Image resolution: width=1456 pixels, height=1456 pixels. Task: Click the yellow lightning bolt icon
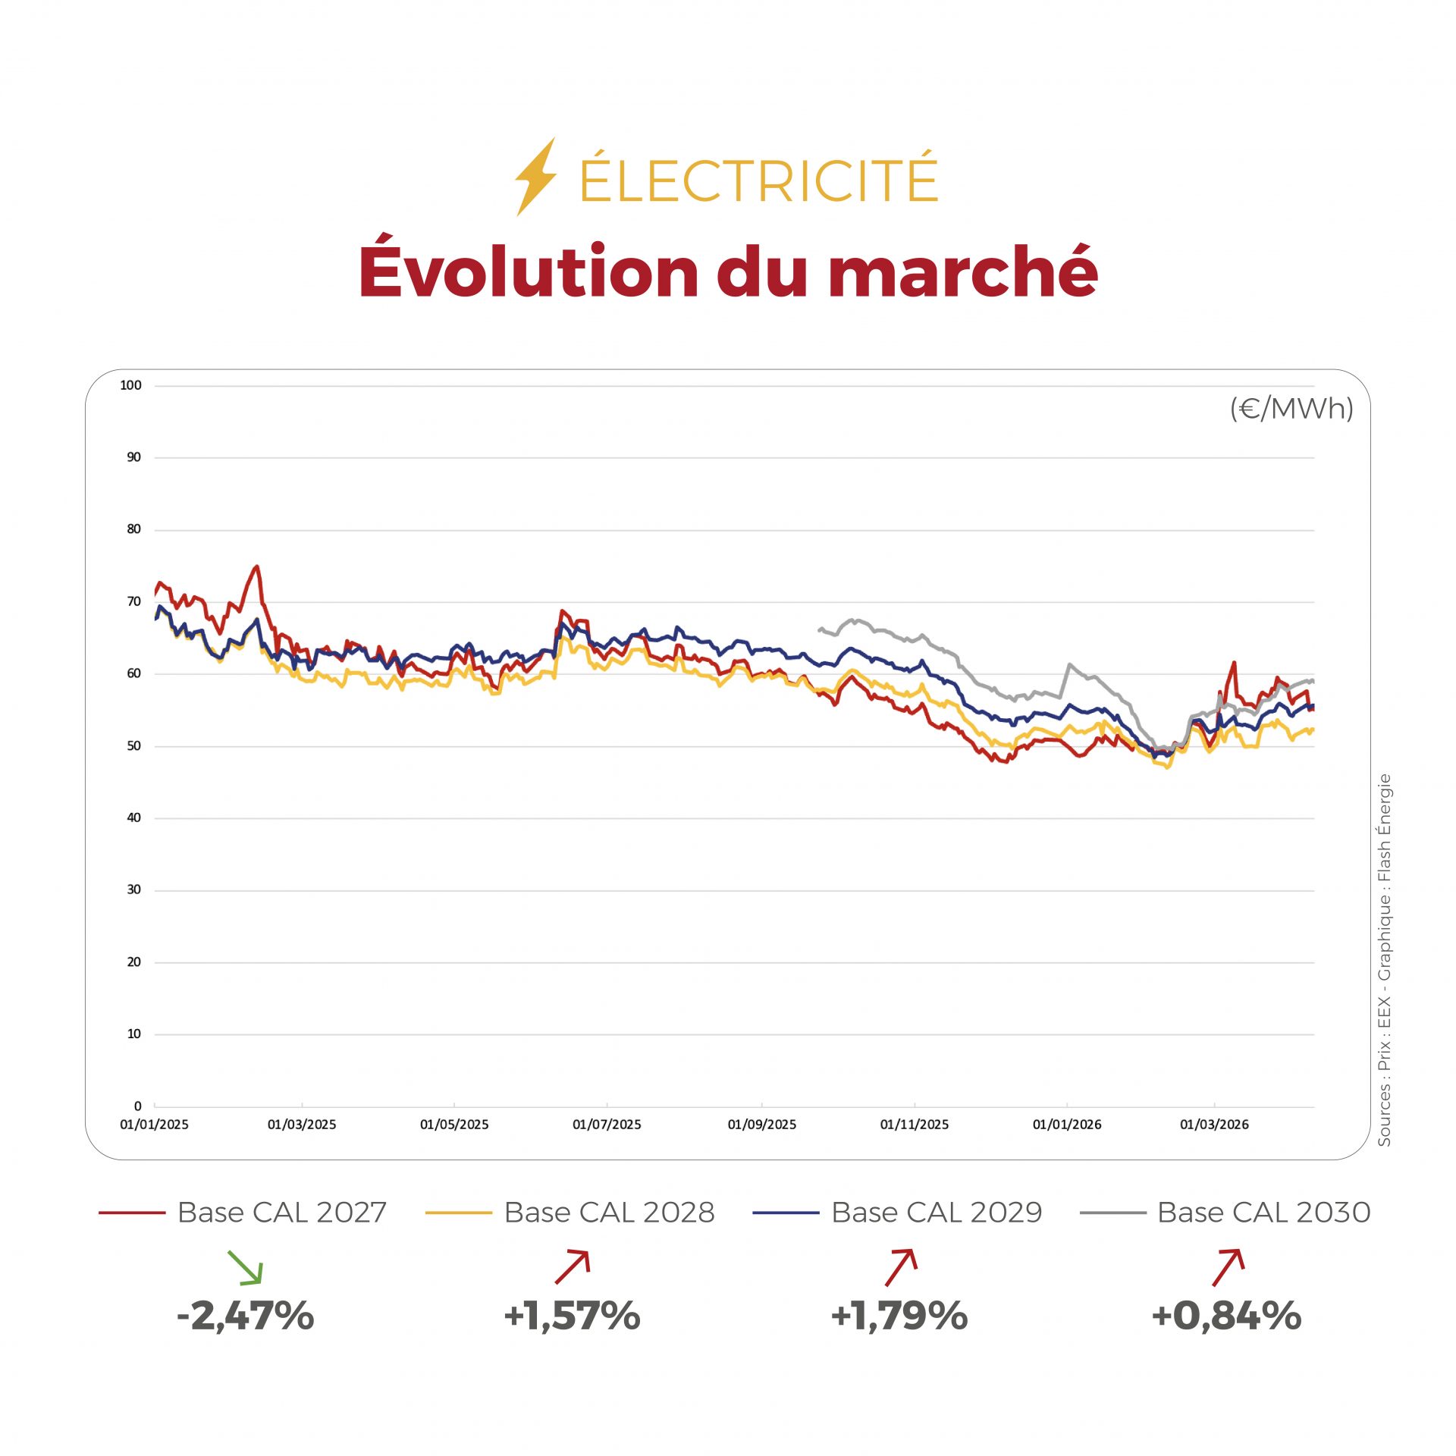535,177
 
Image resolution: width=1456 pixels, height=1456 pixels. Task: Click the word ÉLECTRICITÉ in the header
758,180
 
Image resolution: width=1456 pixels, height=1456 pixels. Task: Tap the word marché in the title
963,271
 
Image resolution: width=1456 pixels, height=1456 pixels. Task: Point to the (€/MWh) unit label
1291,409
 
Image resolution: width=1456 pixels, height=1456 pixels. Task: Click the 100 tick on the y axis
130,385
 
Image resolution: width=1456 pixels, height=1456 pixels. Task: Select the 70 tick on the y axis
133,601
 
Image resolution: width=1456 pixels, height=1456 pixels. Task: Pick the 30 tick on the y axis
133,890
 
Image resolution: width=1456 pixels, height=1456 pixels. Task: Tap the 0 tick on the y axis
137,1106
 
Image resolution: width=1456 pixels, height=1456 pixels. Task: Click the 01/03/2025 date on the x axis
301,1125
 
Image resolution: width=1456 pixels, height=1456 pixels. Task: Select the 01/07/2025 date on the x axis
607,1125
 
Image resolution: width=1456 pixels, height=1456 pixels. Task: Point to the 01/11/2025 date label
914,1125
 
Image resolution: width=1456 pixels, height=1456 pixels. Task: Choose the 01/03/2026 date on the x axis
1213,1125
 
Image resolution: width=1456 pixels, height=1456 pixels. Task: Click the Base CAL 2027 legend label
281,1213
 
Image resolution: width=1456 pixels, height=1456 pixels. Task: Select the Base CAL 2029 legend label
937,1213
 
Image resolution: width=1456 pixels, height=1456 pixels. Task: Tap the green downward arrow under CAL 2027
245,1267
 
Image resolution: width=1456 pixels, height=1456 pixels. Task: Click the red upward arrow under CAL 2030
1228,1267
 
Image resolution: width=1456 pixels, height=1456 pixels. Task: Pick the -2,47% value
245,1316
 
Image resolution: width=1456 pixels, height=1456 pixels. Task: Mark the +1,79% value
899,1316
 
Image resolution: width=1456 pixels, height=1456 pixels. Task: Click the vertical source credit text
1384,959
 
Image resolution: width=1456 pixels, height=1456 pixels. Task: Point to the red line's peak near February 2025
257,566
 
